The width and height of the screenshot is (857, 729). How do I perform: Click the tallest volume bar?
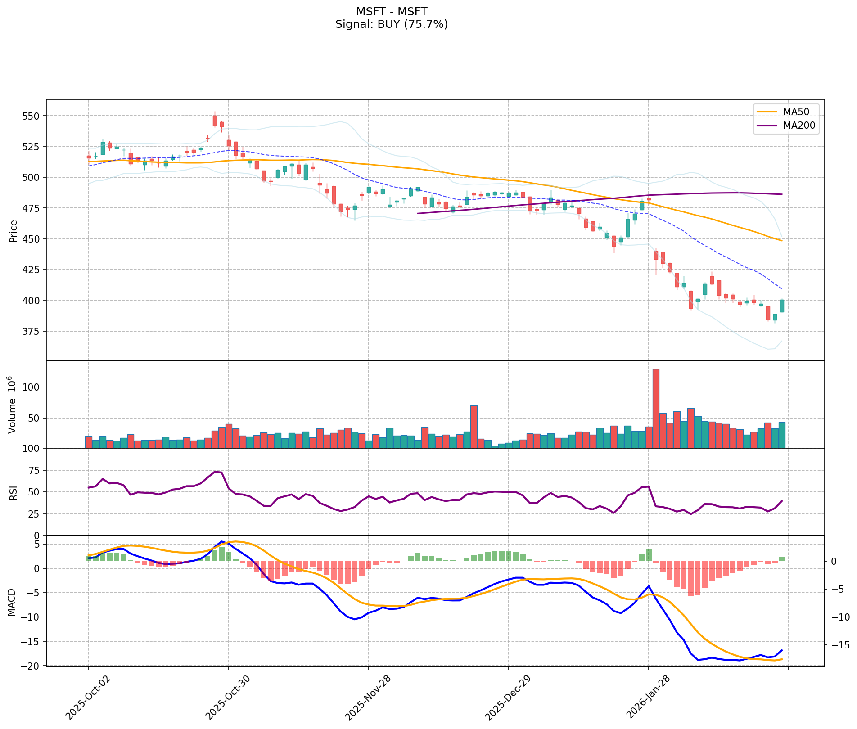point(656,408)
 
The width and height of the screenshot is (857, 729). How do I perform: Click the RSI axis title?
point(14,492)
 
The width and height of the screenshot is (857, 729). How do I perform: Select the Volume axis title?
point(13,405)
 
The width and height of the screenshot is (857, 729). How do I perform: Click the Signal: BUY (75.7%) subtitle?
point(392,24)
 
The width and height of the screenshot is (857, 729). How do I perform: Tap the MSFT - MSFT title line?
point(392,11)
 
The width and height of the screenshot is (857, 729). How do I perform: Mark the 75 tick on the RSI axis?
point(34,471)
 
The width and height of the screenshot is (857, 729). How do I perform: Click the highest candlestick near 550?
point(215,120)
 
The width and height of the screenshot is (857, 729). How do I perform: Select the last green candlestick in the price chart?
point(782,306)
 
